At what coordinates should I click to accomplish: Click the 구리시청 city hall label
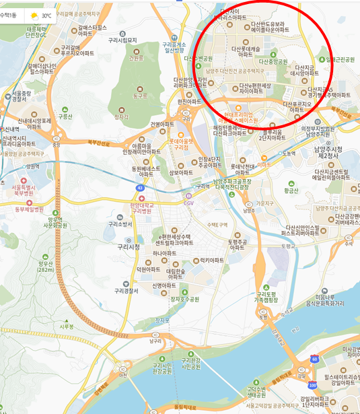click(129, 247)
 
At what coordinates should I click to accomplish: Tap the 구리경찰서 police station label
click(126, 291)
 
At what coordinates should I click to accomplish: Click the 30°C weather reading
click(46, 14)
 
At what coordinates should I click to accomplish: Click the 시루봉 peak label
click(66, 326)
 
